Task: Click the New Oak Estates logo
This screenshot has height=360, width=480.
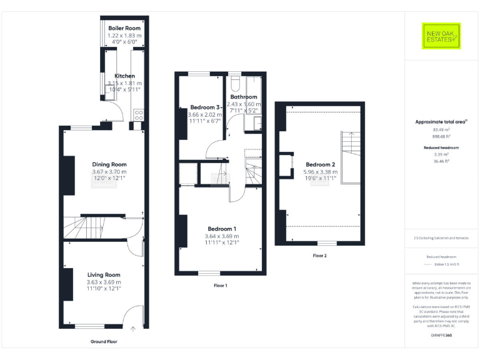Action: click(x=441, y=36)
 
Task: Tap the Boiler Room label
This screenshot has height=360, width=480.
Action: click(x=124, y=29)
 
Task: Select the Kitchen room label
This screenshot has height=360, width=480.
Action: click(x=124, y=76)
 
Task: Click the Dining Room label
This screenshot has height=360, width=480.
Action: click(x=110, y=165)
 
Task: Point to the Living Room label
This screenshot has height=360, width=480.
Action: click(x=104, y=274)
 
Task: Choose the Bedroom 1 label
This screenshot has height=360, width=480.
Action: click(x=222, y=228)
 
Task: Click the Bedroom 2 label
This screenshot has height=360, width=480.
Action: click(x=321, y=164)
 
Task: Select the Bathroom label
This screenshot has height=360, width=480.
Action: click(x=244, y=97)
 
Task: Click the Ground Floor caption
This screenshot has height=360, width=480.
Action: click(x=103, y=342)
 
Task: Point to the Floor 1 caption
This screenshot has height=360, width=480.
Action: click(x=220, y=285)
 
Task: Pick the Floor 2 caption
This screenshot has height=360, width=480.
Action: click(x=320, y=255)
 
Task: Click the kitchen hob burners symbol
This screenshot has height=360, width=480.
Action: click(x=139, y=114)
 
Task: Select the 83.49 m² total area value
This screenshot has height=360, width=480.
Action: click(x=441, y=130)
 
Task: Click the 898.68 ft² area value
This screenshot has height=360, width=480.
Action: click(x=441, y=137)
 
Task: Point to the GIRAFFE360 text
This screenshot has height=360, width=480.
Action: click(x=441, y=336)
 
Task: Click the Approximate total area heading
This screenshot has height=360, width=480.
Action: click(x=441, y=122)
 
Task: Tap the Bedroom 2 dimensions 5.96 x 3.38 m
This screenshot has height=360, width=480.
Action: click(x=321, y=172)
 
